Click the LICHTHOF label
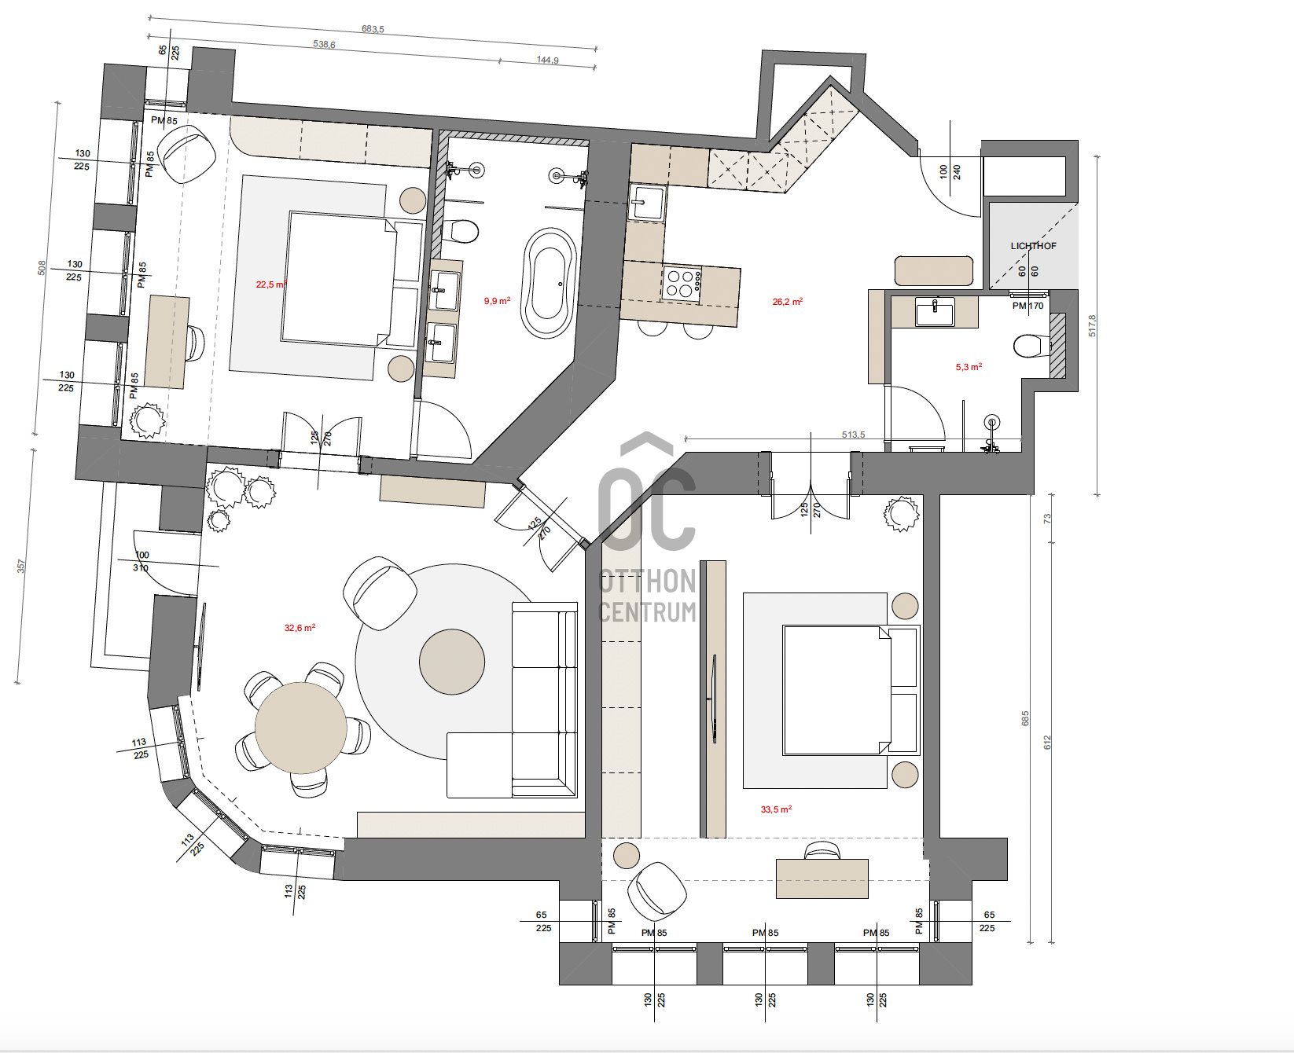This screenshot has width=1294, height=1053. [x=1033, y=246]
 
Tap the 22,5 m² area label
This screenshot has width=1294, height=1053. [x=271, y=284]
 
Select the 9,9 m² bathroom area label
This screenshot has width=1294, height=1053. [x=497, y=301]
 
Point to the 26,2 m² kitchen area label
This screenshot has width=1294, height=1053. [x=788, y=302]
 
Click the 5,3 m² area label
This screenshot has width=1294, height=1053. [x=969, y=367]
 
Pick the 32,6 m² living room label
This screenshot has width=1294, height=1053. [x=300, y=628]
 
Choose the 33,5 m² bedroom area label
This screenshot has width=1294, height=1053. [x=776, y=809]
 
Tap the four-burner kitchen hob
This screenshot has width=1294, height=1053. [x=682, y=283]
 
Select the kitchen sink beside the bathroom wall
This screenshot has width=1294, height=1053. [x=647, y=203]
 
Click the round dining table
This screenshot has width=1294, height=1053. [x=301, y=728]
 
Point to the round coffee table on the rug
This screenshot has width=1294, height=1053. [x=452, y=661]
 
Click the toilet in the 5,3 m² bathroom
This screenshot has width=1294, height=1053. [x=1030, y=346]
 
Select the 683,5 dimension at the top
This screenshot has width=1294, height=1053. [x=373, y=29]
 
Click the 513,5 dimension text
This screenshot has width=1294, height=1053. [x=853, y=435]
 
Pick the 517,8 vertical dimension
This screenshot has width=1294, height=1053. [x=1092, y=325]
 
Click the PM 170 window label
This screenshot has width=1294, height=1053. [x=1028, y=306]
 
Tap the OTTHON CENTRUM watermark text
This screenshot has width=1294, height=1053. [x=648, y=596]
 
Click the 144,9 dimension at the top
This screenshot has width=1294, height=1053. [x=548, y=61]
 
